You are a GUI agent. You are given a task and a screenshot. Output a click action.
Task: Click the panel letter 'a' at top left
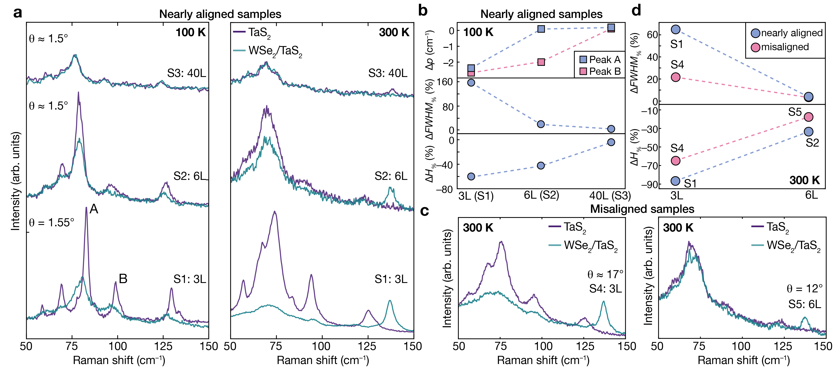pyautogui.click(x=18, y=13)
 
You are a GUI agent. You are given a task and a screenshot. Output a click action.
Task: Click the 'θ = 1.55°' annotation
pyautogui.click(x=52, y=223)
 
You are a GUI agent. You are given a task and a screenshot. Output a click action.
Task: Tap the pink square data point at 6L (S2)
pyautogui.click(x=541, y=62)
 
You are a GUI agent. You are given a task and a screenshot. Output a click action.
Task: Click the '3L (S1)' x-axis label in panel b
pyautogui.click(x=476, y=196)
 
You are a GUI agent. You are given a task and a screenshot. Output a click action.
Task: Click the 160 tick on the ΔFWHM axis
pyautogui.click(x=445, y=82)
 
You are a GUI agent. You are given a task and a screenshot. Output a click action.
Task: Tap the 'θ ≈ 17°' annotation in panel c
pyautogui.click(x=605, y=275)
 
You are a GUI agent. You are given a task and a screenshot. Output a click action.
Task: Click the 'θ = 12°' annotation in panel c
pyautogui.click(x=804, y=289)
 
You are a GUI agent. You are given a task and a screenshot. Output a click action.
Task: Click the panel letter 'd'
pyautogui.click(x=636, y=11)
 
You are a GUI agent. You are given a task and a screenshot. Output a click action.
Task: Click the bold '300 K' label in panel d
pyautogui.click(x=804, y=180)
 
